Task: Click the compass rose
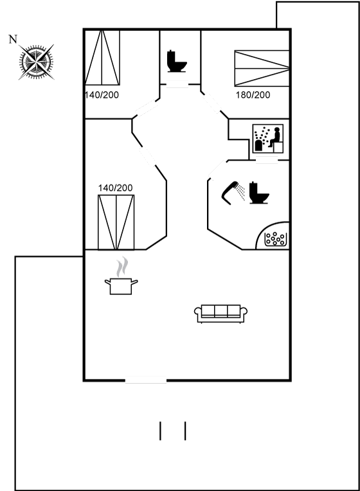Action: [x=36, y=62]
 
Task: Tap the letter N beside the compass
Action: [x=12, y=39]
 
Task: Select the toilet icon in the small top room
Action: [x=177, y=61]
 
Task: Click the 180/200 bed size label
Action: [x=253, y=95]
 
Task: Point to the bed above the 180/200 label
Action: [x=262, y=68]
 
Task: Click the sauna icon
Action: [x=268, y=138]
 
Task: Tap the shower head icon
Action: [x=233, y=193]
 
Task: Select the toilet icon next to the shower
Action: [x=259, y=193]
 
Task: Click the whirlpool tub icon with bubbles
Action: [x=275, y=239]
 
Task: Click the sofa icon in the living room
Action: [x=221, y=314]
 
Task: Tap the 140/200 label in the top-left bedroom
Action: [x=102, y=95]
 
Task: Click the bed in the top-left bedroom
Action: [x=102, y=58]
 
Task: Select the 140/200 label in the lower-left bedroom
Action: [x=115, y=188]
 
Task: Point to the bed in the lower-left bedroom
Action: [x=116, y=222]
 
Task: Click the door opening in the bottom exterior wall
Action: [x=146, y=380]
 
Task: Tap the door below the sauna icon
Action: [x=267, y=160]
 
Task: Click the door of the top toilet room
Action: [x=177, y=84]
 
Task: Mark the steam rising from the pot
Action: [x=122, y=267]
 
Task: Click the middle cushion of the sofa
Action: [x=221, y=311]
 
